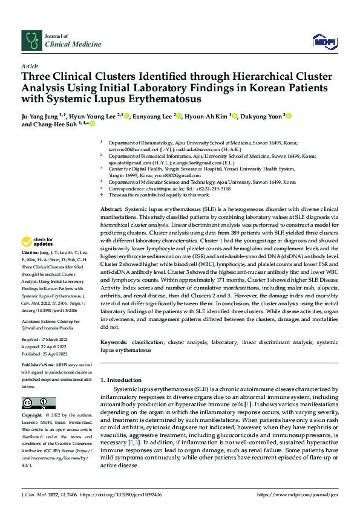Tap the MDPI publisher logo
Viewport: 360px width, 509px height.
click(322, 41)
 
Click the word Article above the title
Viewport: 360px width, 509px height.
click(30, 66)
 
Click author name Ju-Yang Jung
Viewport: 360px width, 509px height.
click(42, 116)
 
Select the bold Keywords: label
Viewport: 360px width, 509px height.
click(114, 342)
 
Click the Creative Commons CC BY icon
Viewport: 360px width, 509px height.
click(38, 403)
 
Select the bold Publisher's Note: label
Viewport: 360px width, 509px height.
click(38, 366)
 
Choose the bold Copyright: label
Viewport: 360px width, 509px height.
click(32, 416)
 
